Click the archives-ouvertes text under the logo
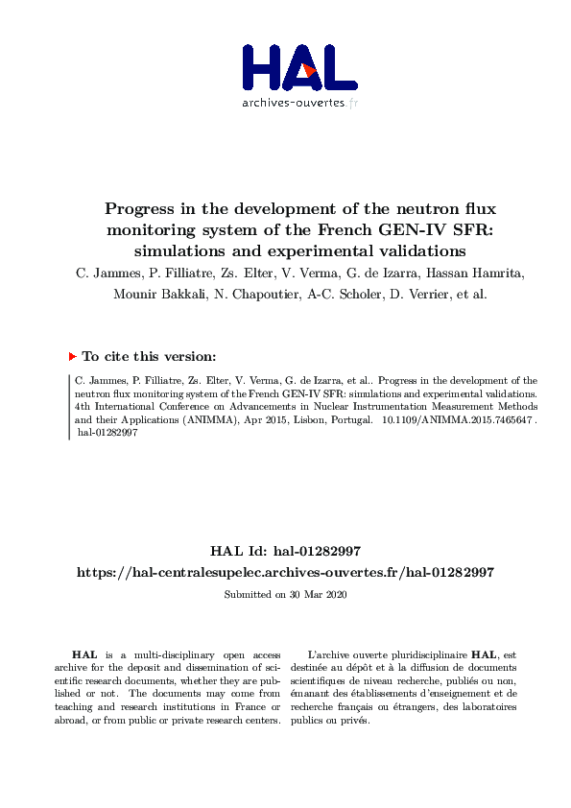(x=298, y=102)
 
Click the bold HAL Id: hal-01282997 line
(x=285, y=551)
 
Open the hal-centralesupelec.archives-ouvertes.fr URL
(x=285, y=572)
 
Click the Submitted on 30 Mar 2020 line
(x=285, y=595)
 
